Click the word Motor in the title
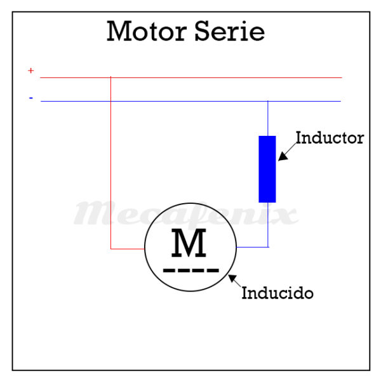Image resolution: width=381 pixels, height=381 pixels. tap(147, 31)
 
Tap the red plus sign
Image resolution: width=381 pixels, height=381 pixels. tap(30, 71)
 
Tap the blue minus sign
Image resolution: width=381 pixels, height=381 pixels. tap(30, 98)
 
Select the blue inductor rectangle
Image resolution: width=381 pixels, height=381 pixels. tap(267, 169)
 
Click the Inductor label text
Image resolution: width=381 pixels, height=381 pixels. tap(330, 138)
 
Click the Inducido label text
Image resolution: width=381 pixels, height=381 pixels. tap(277, 294)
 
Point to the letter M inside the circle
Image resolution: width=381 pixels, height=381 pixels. tap(189, 243)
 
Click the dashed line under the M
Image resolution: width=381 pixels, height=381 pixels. tap(190, 270)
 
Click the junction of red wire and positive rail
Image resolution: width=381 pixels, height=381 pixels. tap(111, 77)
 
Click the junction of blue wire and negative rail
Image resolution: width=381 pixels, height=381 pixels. tap(268, 101)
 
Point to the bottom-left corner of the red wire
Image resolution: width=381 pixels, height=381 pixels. tap(111, 248)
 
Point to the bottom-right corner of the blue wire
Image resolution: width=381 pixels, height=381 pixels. tap(268, 246)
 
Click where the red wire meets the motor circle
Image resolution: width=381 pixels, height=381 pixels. tap(145, 248)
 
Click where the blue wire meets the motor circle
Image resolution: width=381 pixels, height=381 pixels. tap(236, 246)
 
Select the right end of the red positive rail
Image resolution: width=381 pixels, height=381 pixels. tap(341, 77)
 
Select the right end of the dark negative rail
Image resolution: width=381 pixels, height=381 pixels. tap(340, 101)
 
